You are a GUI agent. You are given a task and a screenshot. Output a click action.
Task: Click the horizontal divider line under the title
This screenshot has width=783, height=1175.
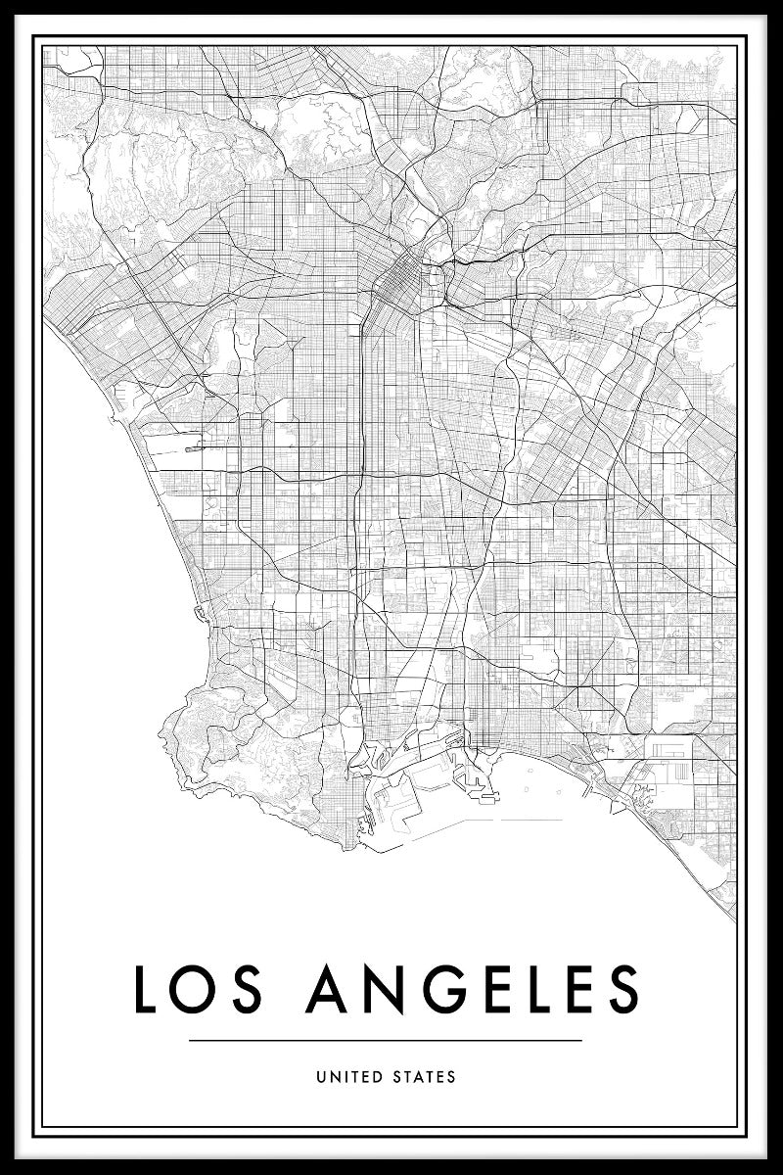coord(385,1040)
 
